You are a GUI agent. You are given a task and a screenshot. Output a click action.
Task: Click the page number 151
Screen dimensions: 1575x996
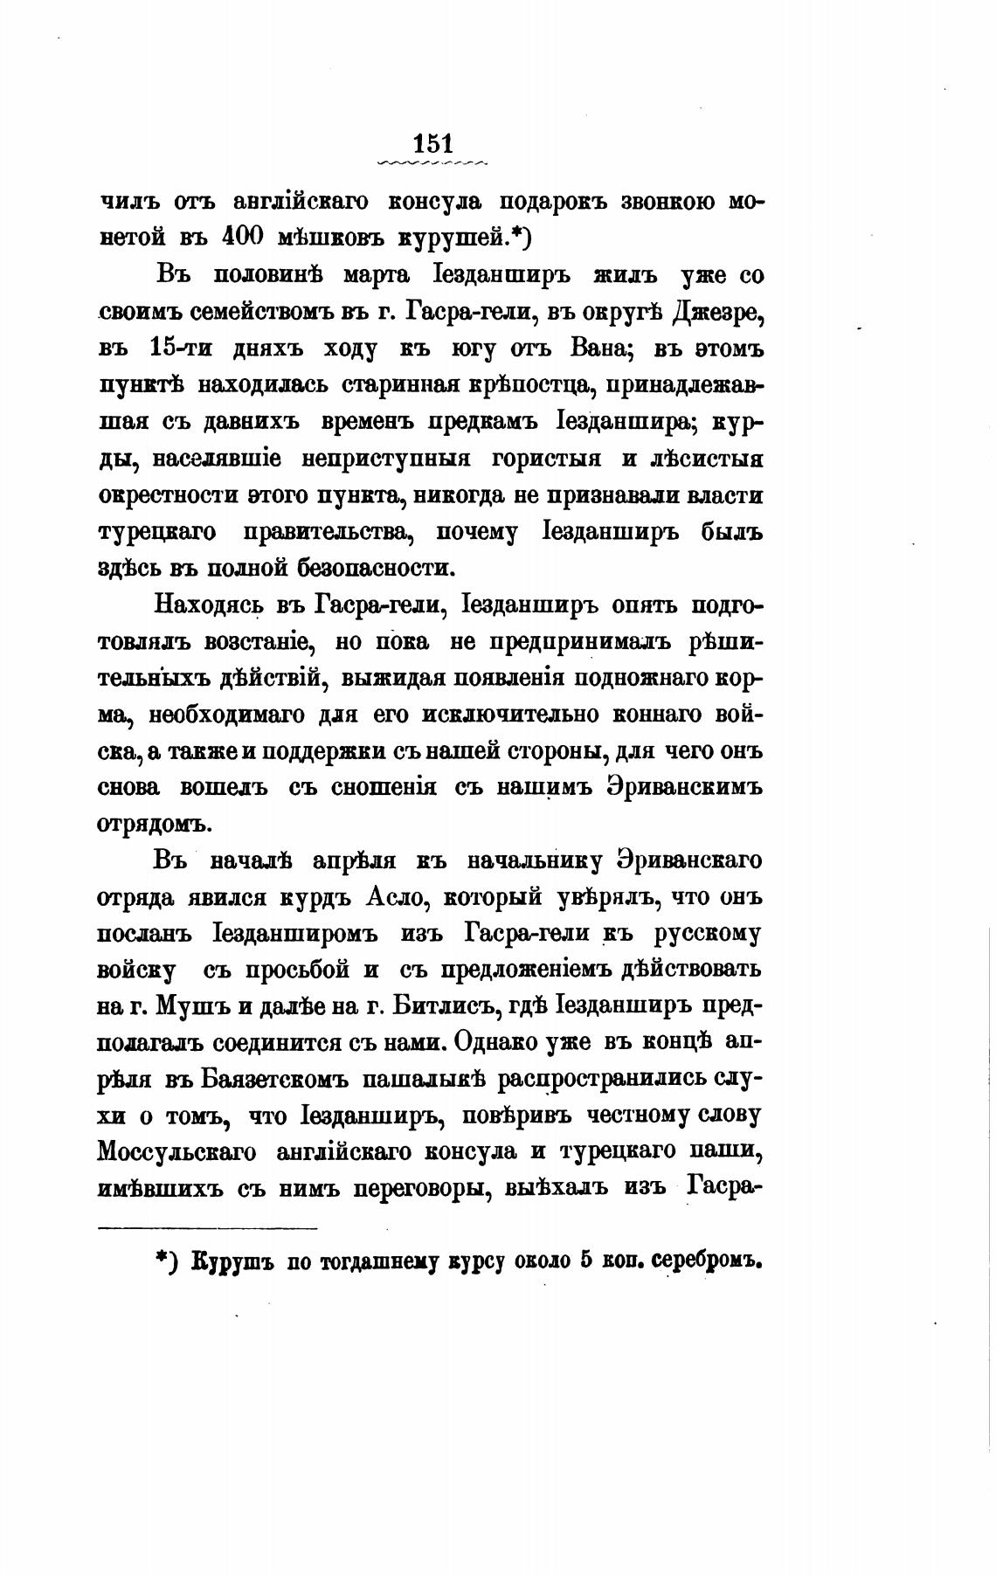[x=432, y=142]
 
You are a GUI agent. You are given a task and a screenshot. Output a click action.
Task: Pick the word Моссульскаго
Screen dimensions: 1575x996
[x=176, y=1153]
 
